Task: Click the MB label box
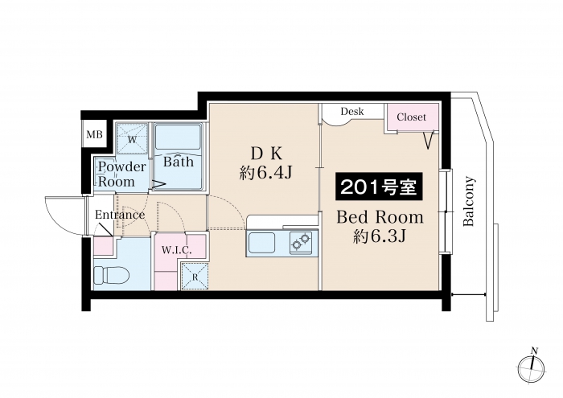pyautogui.click(x=94, y=134)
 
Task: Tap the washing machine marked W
pyautogui.click(x=132, y=139)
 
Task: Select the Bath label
pyautogui.click(x=178, y=161)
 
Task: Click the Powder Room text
pyautogui.click(x=121, y=174)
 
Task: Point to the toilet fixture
pyautogui.click(x=111, y=276)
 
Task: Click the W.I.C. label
pyautogui.click(x=176, y=250)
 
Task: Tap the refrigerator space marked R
pyautogui.click(x=195, y=277)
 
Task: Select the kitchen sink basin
pyautogui.click(x=261, y=243)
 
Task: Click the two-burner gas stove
pyautogui.click(x=301, y=240)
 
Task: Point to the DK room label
pyautogui.click(x=266, y=154)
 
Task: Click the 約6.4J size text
pyautogui.click(x=265, y=174)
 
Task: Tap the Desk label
pyautogui.click(x=352, y=111)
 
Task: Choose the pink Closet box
pyautogui.click(x=412, y=117)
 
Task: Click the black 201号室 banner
pyautogui.click(x=379, y=187)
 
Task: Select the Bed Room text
pyautogui.click(x=380, y=217)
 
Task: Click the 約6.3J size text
pyautogui.click(x=380, y=236)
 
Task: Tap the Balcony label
pyautogui.click(x=469, y=201)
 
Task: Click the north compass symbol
pyautogui.click(x=532, y=368)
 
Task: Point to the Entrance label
pyautogui.click(x=120, y=215)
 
